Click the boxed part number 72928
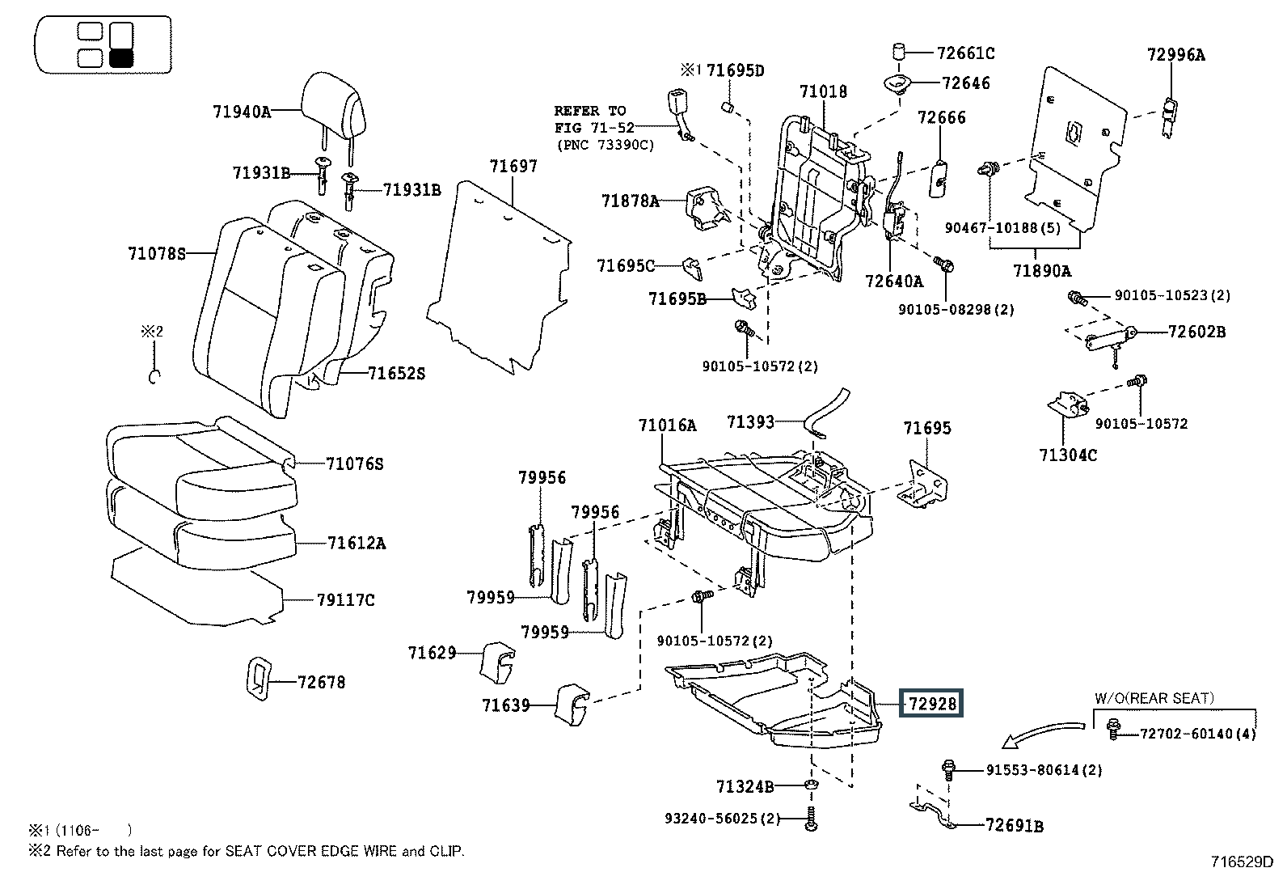[932, 705]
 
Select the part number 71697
[513, 167]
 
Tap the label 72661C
[965, 53]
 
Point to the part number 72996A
[1175, 55]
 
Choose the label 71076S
[354, 464]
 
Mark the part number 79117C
[345, 600]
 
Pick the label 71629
[432, 652]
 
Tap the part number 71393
[750, 421]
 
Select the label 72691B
[1015, 826]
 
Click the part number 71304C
[1068, 455]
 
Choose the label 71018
[824, 91]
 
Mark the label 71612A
[357, 543]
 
